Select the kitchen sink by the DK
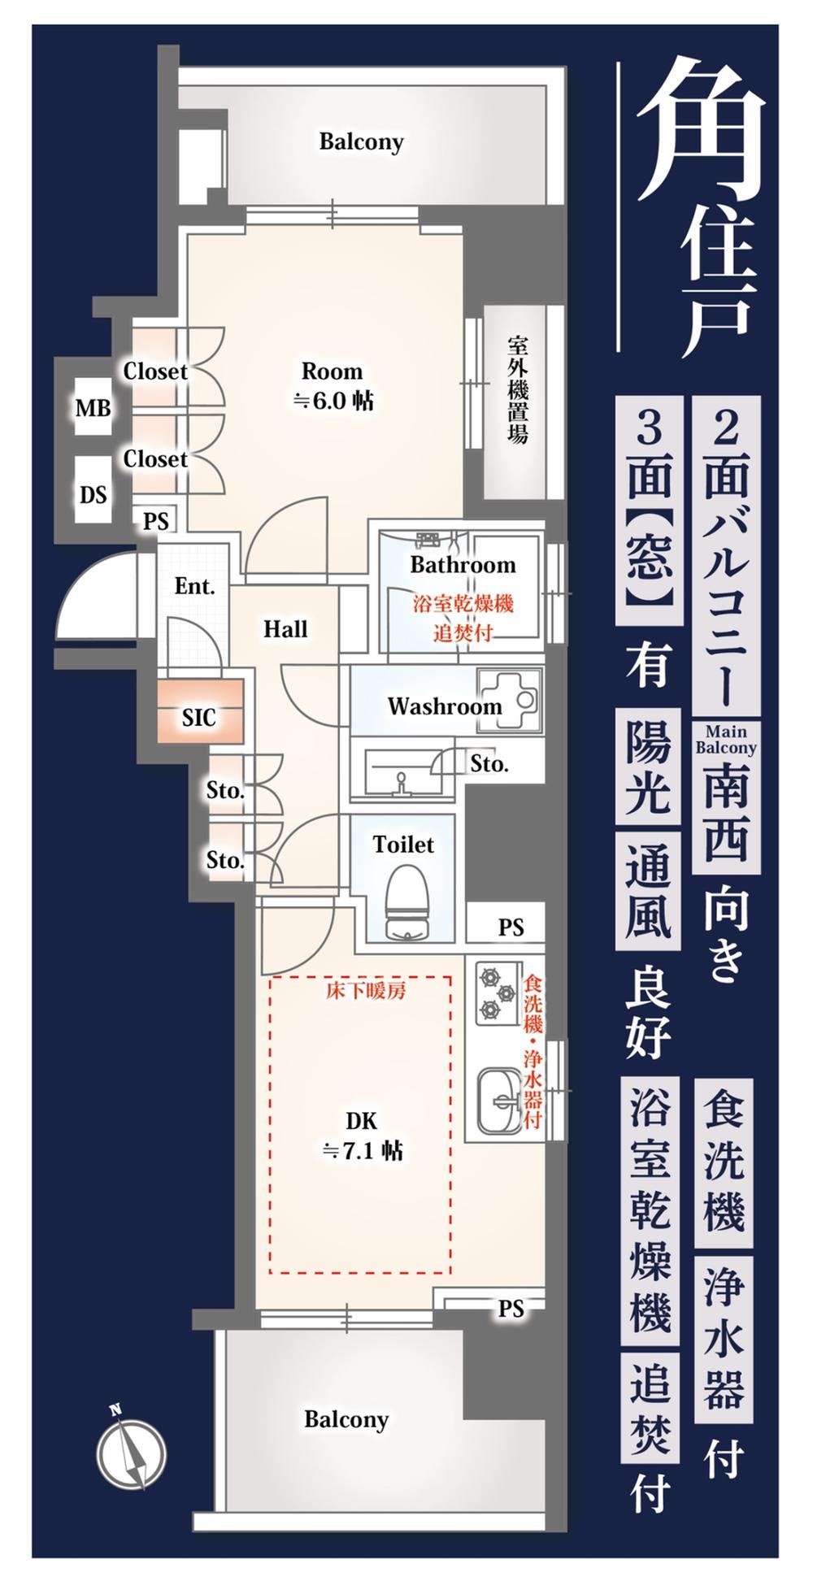pos(498,1098)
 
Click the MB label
pos(93,408)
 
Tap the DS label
pos(93,494)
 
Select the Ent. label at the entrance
pos(194,586)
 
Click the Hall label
pos(285,629)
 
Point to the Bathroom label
pos(463,565)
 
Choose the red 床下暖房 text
pos(366,991)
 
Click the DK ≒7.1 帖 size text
pos(362,1136)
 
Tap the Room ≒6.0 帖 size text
pos(333,385)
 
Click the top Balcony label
pos(361,142)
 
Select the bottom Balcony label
pos(346,1420)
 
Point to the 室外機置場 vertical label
pos(517,389)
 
